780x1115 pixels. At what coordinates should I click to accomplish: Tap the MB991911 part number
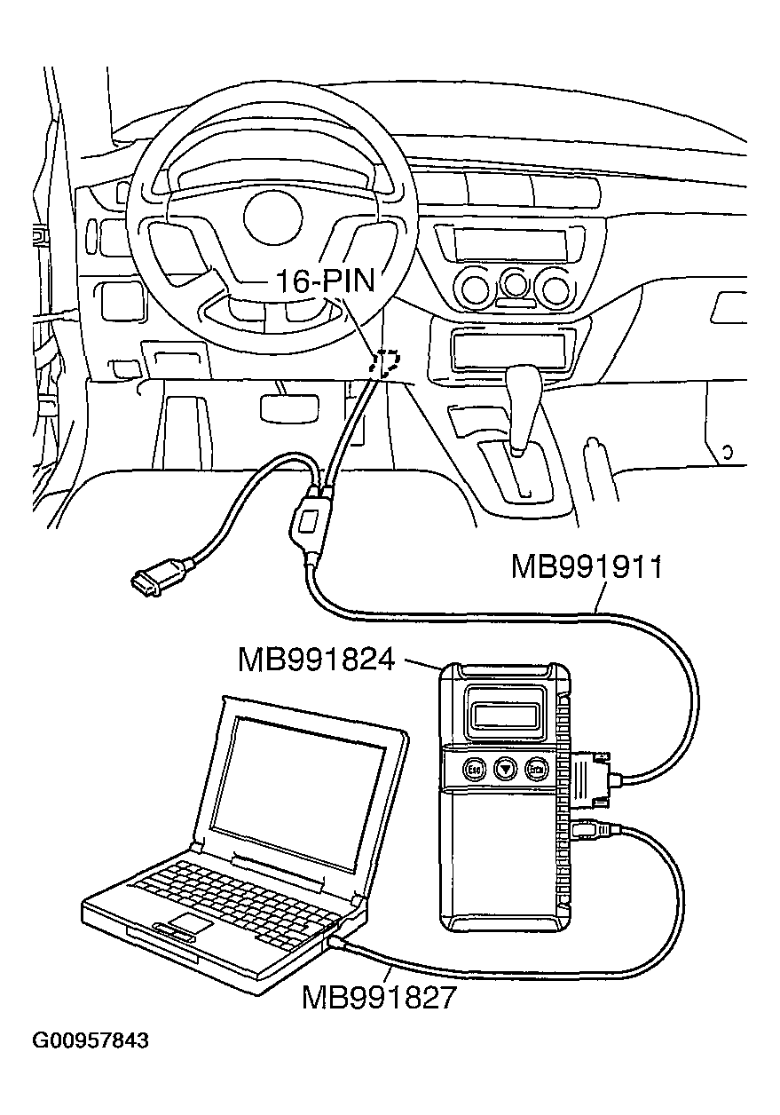click(x=587, y=567)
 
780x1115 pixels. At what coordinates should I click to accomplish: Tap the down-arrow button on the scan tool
click(x=505, y=769)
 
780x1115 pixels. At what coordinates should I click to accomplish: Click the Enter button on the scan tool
click(x=536, y=769)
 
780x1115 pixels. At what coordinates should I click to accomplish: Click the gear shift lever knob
click(x=524, y=384)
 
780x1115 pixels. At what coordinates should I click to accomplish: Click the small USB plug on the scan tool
click(x=589, y=833)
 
